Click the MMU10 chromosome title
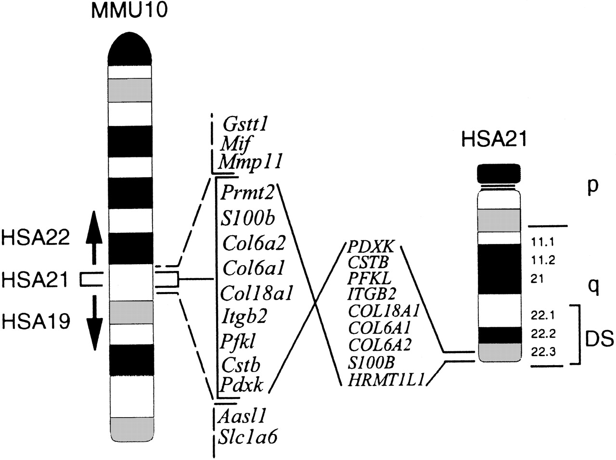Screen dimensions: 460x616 click(129, 11)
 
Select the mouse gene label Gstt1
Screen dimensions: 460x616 click(245, 124)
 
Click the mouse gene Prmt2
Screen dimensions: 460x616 click(247, 193)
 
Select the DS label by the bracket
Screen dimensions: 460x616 click(599, 339)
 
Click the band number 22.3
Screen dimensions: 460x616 click(542, 352)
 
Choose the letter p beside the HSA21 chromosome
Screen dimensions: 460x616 click(593, 187)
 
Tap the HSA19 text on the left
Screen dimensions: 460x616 click(36, 321)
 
